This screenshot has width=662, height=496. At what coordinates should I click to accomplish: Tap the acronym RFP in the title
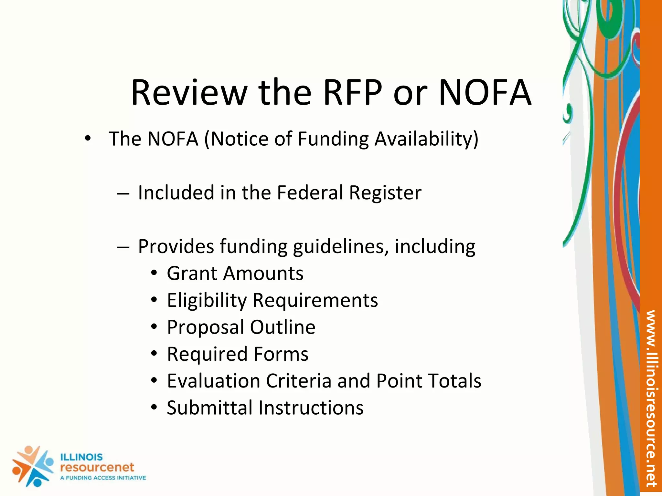[x=353, y=93]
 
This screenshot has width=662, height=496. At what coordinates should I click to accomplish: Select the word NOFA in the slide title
[x=485, y=93]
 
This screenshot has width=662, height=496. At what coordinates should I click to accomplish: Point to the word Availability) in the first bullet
[x=426, y=139]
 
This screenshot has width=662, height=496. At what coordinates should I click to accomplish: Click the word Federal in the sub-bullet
[x=310, y=193]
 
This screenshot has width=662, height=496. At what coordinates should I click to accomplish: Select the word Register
[x=385, y=193]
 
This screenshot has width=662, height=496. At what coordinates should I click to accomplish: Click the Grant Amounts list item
[x=235, y=274]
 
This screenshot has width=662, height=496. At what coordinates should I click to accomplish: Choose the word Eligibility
[x=207, y=300]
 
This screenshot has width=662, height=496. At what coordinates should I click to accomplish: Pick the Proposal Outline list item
[x=241, y=327]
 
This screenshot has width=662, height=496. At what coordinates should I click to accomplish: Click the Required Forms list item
[x=238, y=354]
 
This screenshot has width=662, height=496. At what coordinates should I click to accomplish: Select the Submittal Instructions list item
[x=265, y=408]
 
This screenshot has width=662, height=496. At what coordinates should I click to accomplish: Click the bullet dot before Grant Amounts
[x=154, y=274]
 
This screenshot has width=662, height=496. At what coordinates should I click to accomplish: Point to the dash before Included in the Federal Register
[x=123, y=194]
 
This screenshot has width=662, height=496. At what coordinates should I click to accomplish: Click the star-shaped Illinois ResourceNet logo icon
[x=32, y=466]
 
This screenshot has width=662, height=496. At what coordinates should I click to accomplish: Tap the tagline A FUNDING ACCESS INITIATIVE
[x=103, y=478]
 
